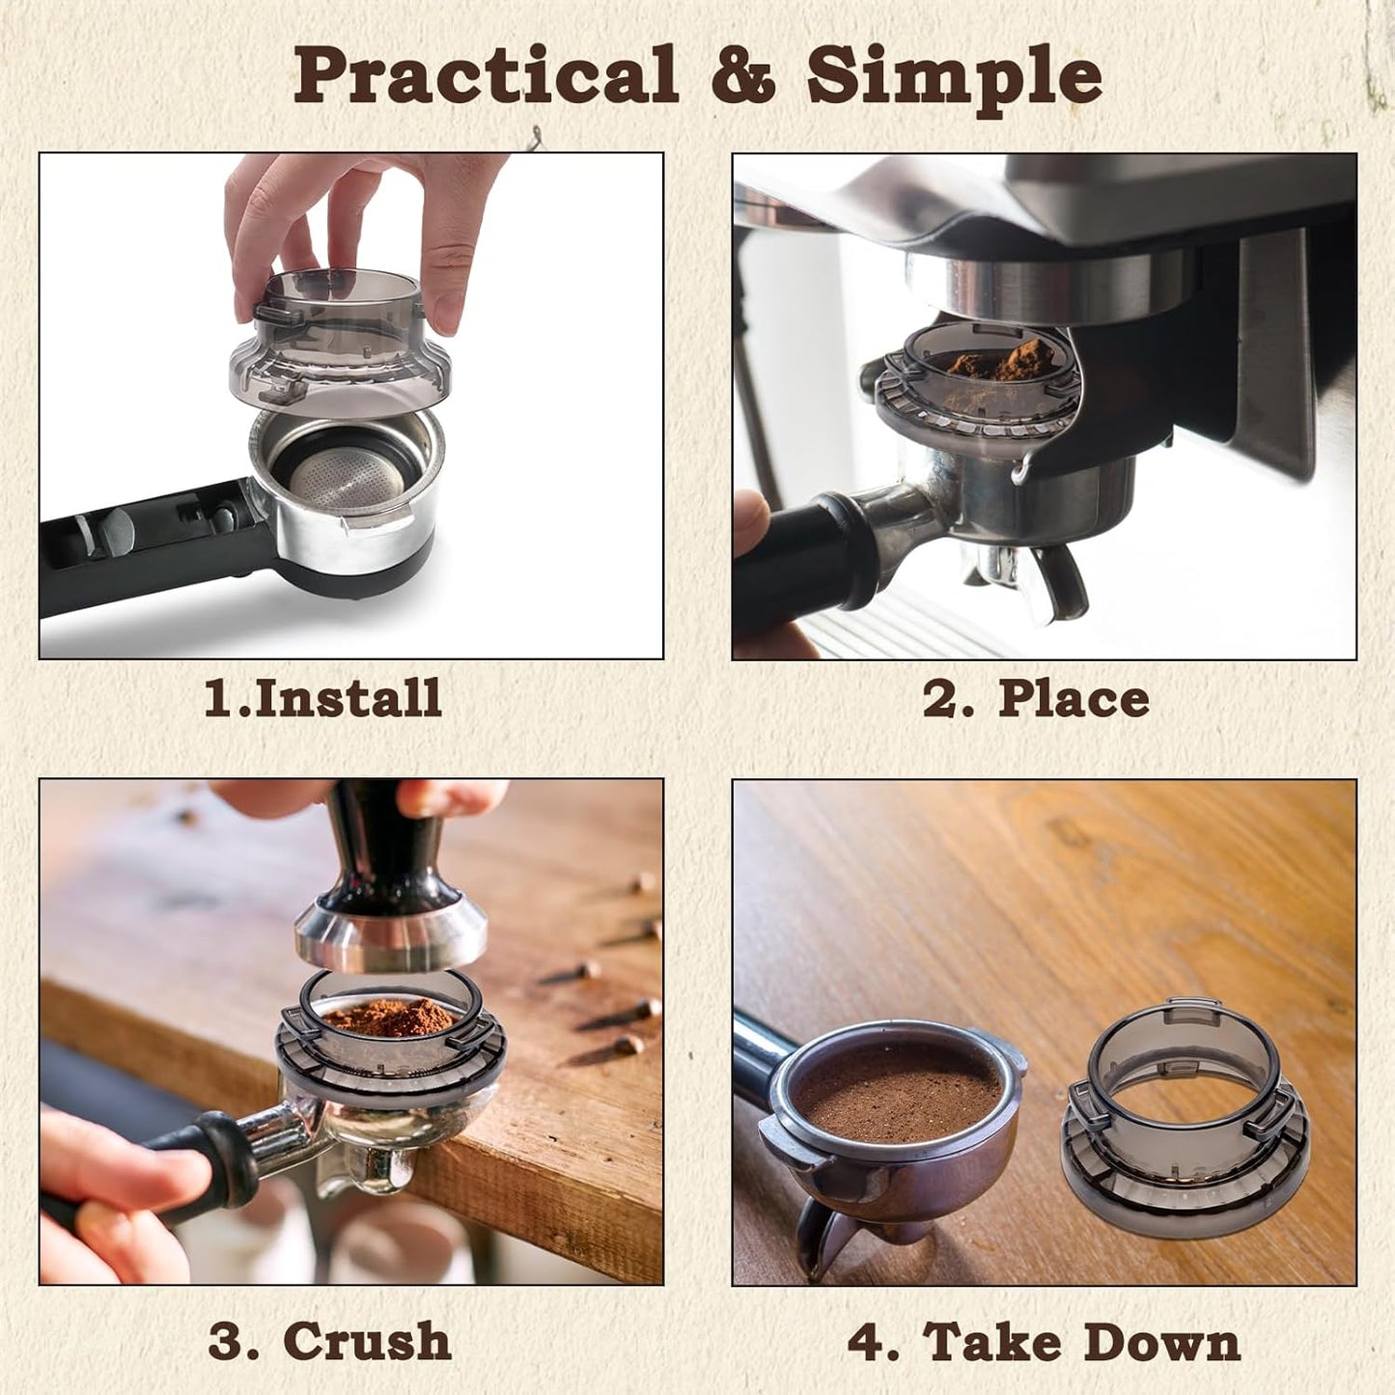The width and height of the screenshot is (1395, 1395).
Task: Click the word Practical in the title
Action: tap(486, 76)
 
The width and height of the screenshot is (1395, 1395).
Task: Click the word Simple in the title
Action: tap(954, 76)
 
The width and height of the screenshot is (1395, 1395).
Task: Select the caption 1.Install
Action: tap(322, 698)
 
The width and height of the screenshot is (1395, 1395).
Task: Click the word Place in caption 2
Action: tap(1074, 698)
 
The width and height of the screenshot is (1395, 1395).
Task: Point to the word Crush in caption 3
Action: tap(367, 1341)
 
